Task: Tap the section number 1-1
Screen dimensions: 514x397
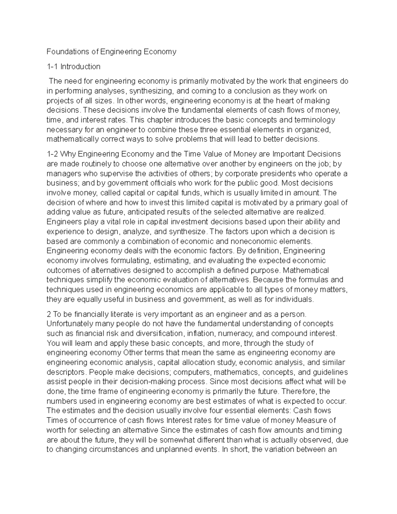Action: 52,67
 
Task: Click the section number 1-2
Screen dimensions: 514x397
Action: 53,154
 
